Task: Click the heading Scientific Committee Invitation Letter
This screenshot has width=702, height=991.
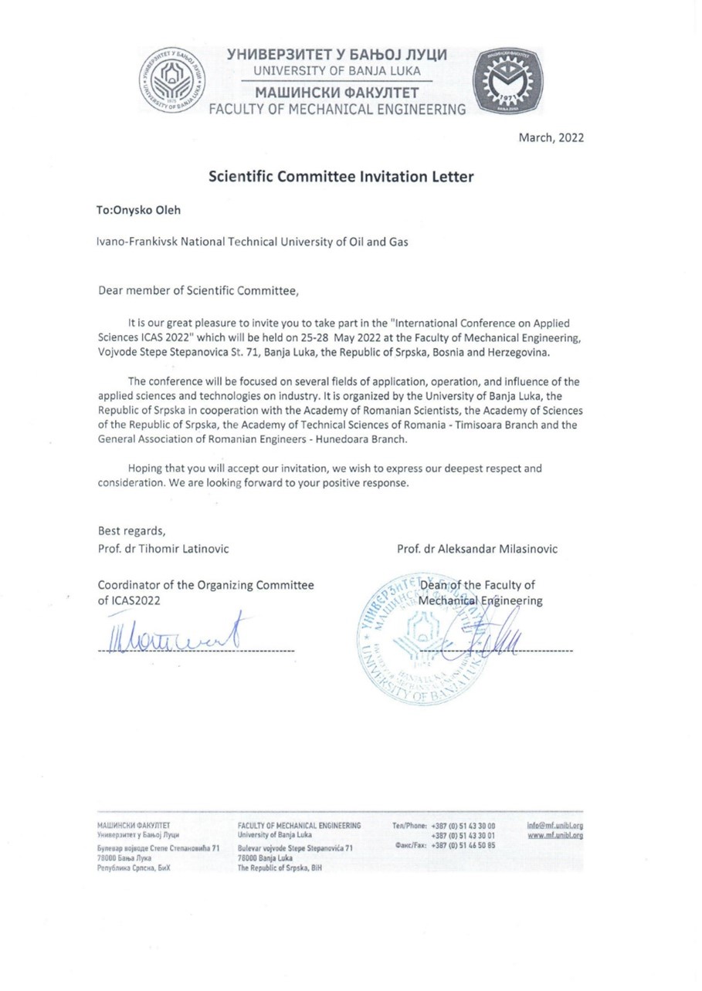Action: (341, 177)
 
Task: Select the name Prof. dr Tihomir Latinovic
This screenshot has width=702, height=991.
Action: (163, 548)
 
